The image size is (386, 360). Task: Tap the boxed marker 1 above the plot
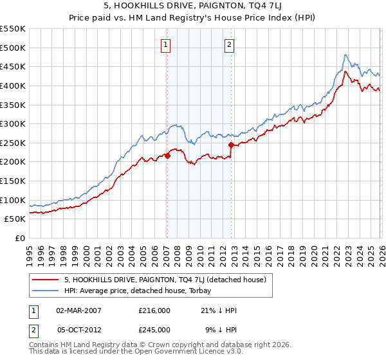166,45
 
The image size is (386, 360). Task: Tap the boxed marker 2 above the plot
230,45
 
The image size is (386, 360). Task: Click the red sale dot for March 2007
167,156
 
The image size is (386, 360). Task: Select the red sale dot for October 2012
230,145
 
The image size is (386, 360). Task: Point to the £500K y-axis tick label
13,48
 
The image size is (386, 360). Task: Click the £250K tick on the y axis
13,143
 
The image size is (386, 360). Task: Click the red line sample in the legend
44,280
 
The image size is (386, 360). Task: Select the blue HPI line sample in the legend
44,291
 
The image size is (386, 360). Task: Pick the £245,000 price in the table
154,329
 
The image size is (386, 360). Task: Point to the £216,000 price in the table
154,310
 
